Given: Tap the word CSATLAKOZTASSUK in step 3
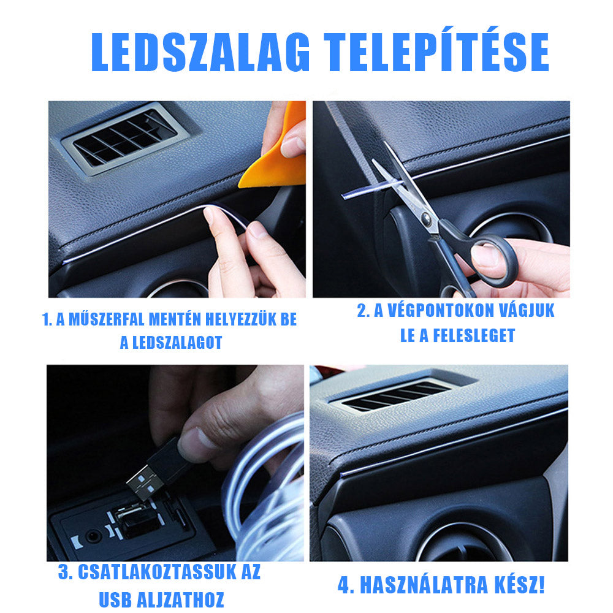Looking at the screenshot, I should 159,573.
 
